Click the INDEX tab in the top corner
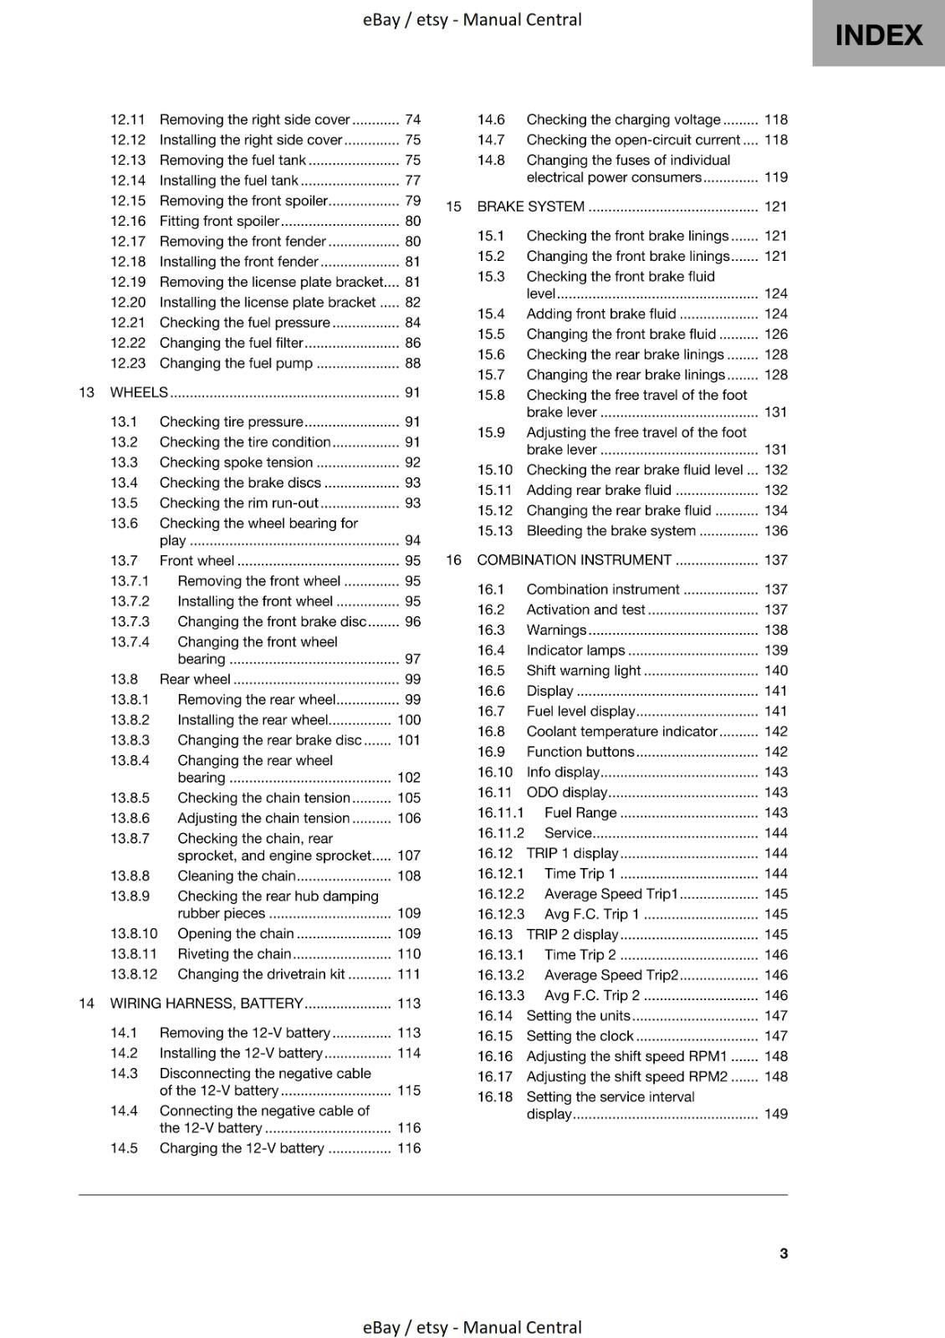coord(878,34)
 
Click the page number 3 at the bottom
coord(783,1253)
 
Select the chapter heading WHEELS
coord(139,392)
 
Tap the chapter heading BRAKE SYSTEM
coord(530,207)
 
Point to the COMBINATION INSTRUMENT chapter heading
coord(574,560)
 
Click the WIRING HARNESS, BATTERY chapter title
coord(207,1004)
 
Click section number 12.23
coord(128,363)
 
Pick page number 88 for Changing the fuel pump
coord(412,363)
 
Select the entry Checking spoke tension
coord(236,462)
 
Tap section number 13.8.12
coord(134,974)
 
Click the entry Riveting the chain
coord(234,954)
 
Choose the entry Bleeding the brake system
coord(610,531)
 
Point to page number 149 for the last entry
coord(775,1114)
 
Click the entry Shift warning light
coord(583,671)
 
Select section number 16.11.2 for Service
coord(500,833)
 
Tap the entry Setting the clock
coord(580,1036)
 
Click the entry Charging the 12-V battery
coord(242,1148)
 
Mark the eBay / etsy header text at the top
coord(472,19)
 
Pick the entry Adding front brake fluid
coord(600,314)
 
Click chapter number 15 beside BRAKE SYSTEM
coord(453,207)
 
